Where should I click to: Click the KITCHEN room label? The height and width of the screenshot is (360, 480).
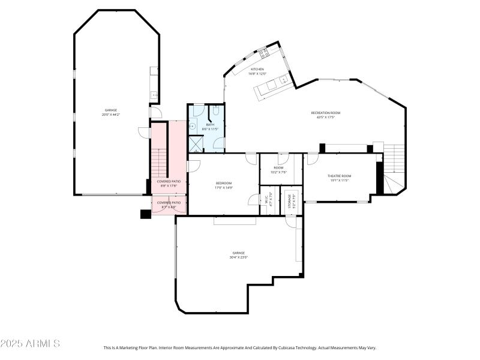257,69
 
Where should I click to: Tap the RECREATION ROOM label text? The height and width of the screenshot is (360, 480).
325,113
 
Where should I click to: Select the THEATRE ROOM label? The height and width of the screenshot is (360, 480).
339,176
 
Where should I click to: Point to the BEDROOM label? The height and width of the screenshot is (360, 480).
224,183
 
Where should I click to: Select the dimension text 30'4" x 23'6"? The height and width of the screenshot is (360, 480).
238,257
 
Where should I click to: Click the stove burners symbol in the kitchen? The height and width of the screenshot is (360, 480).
263,53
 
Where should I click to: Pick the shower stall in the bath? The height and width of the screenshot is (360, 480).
196,144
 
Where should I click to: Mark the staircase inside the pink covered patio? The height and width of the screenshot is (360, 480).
158,162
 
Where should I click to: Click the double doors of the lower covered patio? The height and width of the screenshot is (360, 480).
169,208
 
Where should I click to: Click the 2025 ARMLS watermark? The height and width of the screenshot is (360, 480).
30,344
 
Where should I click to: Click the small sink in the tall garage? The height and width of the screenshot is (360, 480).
154,94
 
